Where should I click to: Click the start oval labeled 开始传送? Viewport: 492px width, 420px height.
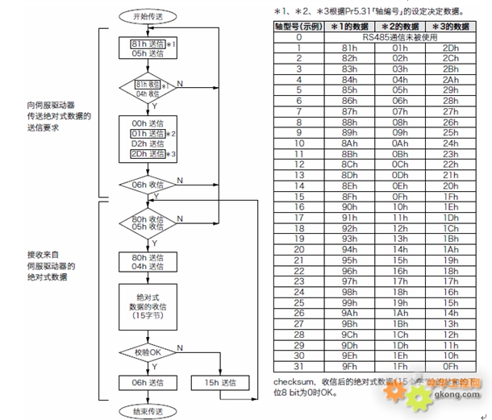(x=147, y=15)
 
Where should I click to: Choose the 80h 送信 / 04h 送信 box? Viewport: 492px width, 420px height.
(x=147, y=262)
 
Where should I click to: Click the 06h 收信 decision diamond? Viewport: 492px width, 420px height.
(x=147, y=184)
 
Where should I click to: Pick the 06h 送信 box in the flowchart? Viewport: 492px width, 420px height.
(x=147, y=381)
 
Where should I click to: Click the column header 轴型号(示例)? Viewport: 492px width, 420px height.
(x=298, y=27)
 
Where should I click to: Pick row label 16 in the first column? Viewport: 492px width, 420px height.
(x=298, y=206)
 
